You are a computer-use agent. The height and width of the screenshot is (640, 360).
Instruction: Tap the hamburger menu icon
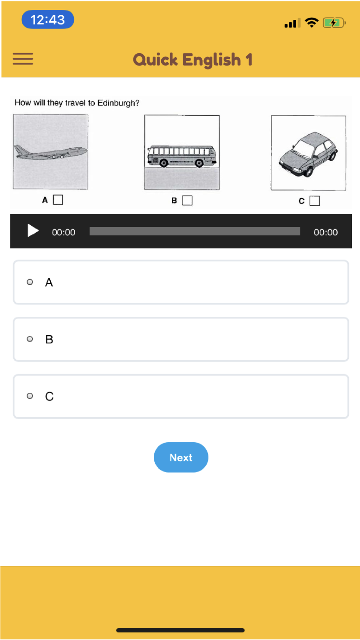tap(23, 59)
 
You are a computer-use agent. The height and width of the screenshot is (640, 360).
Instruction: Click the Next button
tap(181, 457)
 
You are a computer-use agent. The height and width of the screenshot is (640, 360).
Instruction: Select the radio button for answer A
tap(30, 282)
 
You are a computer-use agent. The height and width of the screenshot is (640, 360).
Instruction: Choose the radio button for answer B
tap(30, 339)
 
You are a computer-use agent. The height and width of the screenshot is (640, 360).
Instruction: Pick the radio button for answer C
tap(30, 396)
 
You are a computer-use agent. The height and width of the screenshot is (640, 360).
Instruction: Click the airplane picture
tap(50, 152)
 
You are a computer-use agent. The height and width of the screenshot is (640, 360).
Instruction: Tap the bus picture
tap(182, 152)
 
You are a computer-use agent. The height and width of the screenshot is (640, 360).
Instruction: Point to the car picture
tap(309, 153)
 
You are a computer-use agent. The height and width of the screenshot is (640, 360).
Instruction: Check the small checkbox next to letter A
tap(58, 200)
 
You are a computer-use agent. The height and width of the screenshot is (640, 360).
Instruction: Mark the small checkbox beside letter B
tap(188, 200)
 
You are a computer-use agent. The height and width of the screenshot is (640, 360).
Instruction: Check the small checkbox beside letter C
tap(315, 201)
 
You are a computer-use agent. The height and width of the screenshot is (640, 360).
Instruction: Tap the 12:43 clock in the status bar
tap(48, 19)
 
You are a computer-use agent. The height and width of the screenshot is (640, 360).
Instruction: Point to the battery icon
tap(334, 23)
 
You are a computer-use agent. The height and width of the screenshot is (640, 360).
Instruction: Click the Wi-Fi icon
tap(311, 22)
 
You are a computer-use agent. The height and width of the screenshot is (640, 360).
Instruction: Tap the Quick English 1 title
tap(193, 60)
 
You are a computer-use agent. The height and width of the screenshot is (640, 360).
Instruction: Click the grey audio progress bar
tap(195, 231)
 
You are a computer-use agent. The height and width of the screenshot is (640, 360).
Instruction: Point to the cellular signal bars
tap(292, 23)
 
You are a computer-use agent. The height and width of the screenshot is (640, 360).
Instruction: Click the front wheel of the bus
tap(199, 163)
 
